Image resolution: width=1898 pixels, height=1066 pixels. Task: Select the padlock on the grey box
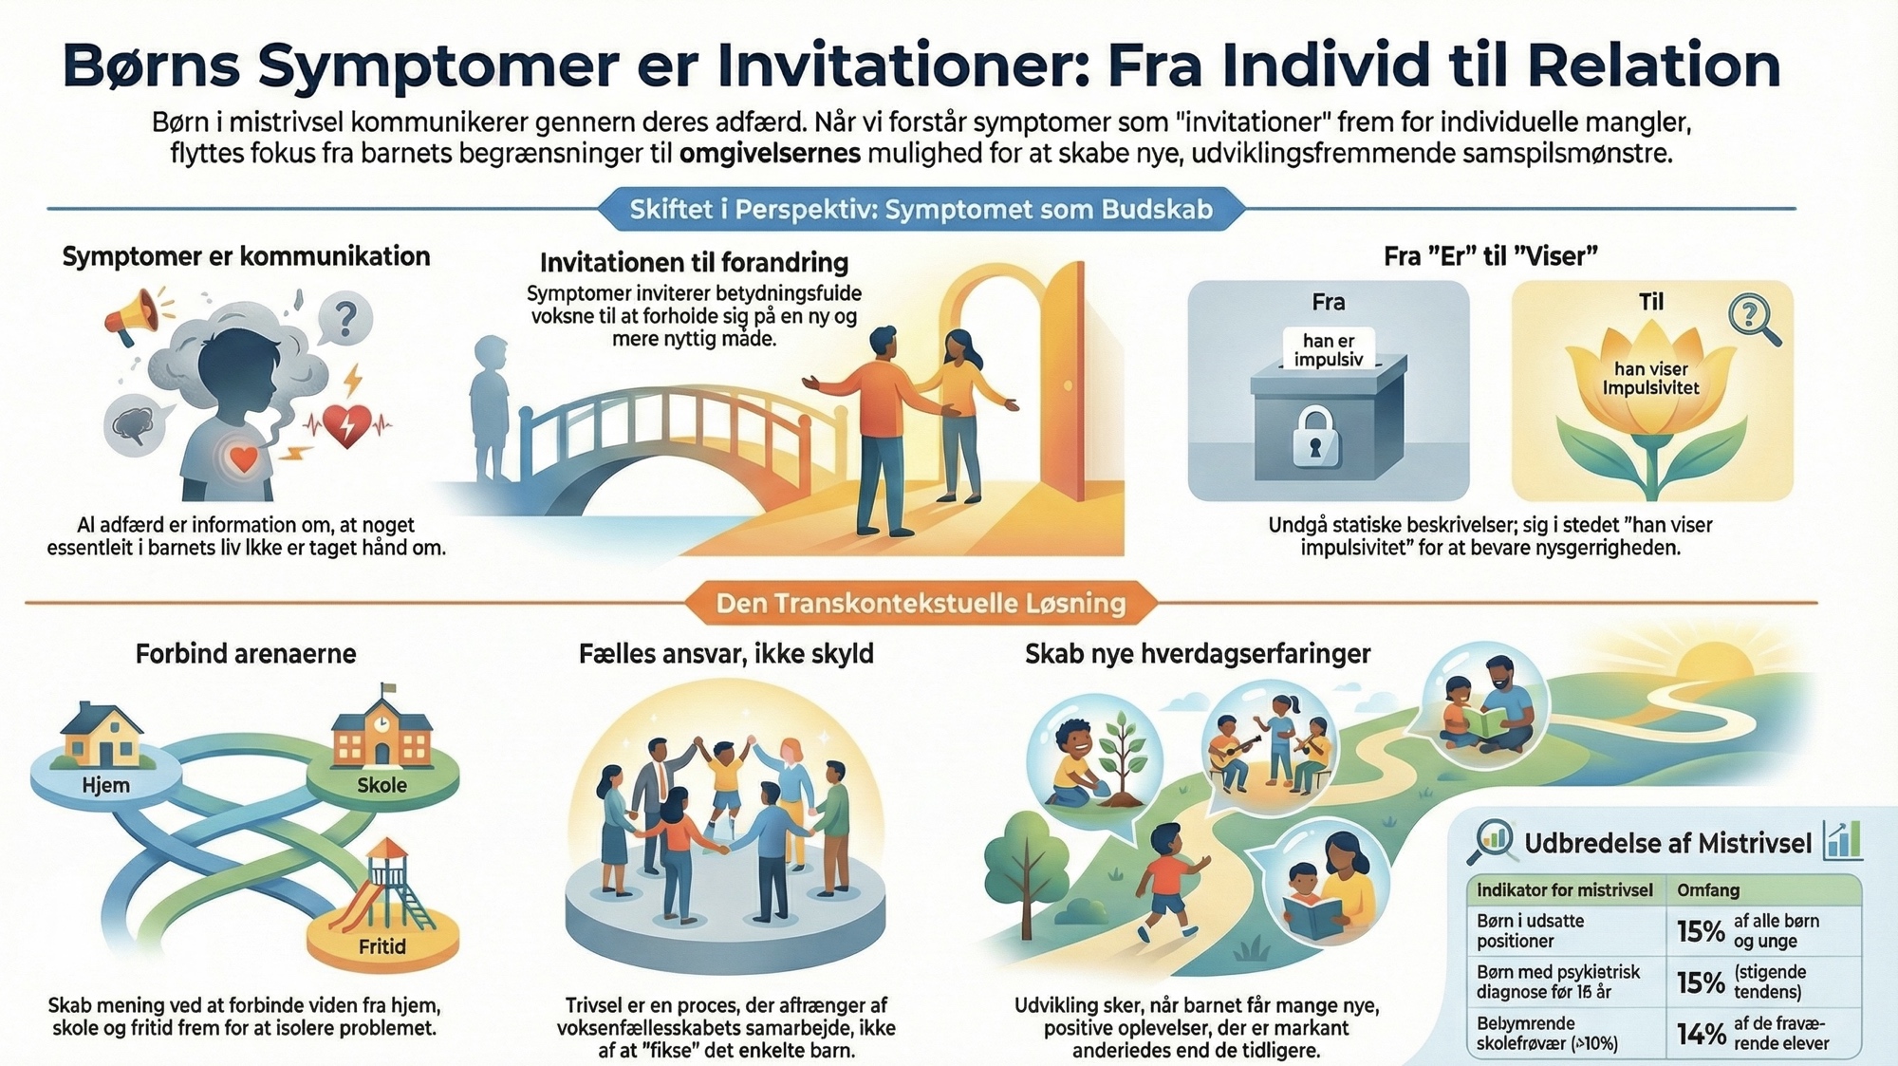(1315, 437)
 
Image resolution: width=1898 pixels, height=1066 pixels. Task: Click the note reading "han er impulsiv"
(1328, 349)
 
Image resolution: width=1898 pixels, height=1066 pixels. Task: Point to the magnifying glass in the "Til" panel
(1754, 319)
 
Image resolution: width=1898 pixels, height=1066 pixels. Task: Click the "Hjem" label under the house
(105, 785)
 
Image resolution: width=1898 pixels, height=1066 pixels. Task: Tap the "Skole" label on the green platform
(381, 785)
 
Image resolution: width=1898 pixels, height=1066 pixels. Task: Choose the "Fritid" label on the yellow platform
(381, 946)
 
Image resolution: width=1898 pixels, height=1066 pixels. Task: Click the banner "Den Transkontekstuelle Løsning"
(921, 604)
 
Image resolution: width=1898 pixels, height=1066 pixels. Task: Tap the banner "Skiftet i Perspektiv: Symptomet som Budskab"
(921, 209)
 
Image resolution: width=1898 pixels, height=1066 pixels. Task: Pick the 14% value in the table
(1700, 1033)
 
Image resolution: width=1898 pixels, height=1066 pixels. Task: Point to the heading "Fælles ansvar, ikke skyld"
(726, 654)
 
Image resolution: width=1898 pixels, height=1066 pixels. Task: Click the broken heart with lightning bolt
(346, 424)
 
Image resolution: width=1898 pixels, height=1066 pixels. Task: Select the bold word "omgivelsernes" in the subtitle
(770, 153)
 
